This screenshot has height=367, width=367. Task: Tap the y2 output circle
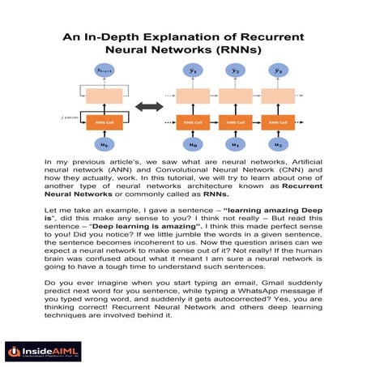pos(235,71)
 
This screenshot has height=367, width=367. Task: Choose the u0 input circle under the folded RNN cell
pos(102,143)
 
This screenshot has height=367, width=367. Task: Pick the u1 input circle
pos(235,143)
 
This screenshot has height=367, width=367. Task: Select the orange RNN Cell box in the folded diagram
pos(103,122)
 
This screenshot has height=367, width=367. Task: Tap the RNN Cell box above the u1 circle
pos(235,122)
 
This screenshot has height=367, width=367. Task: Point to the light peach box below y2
pos(235,96)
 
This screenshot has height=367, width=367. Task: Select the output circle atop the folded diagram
pos(103,71)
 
